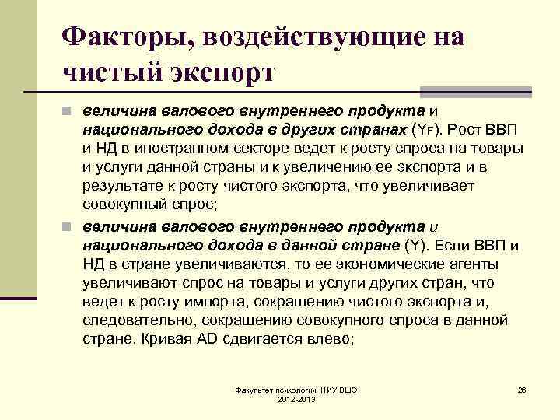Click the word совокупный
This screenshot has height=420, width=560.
point(132,206)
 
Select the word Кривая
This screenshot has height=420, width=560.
point(170,340)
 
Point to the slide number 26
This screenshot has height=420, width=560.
point(523,388)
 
